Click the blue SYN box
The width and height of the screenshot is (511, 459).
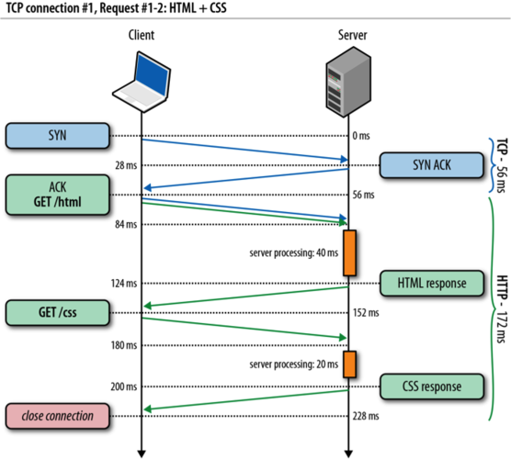(56, 136)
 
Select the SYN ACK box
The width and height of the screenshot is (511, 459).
(431, 165)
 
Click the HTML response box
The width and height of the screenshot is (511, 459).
(431, 283)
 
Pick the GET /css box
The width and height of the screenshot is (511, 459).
(56, 311)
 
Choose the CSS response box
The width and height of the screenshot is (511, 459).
(431, 386)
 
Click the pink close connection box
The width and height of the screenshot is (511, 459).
(56, 416)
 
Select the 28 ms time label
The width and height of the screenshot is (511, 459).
(123, 165)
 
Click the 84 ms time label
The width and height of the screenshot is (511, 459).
(123, 224)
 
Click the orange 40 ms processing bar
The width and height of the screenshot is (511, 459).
(349, 253)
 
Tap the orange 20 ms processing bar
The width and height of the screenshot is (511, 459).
(349, 364)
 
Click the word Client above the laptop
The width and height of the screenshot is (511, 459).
(142, 35)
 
